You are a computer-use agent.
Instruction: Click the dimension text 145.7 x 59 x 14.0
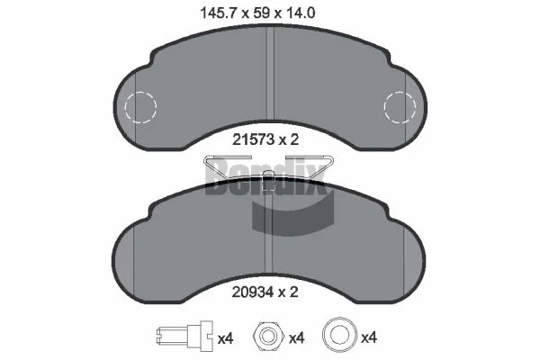[x=257, y=13]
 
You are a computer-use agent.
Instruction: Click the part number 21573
[x=253, y=139]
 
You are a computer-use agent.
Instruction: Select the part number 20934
[x=253, y=292]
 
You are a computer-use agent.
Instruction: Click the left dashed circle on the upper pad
[x=141, y=107]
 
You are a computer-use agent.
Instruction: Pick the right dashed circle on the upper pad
[x=400, y=107]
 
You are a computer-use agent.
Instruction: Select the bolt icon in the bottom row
[x=184, y=335]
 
